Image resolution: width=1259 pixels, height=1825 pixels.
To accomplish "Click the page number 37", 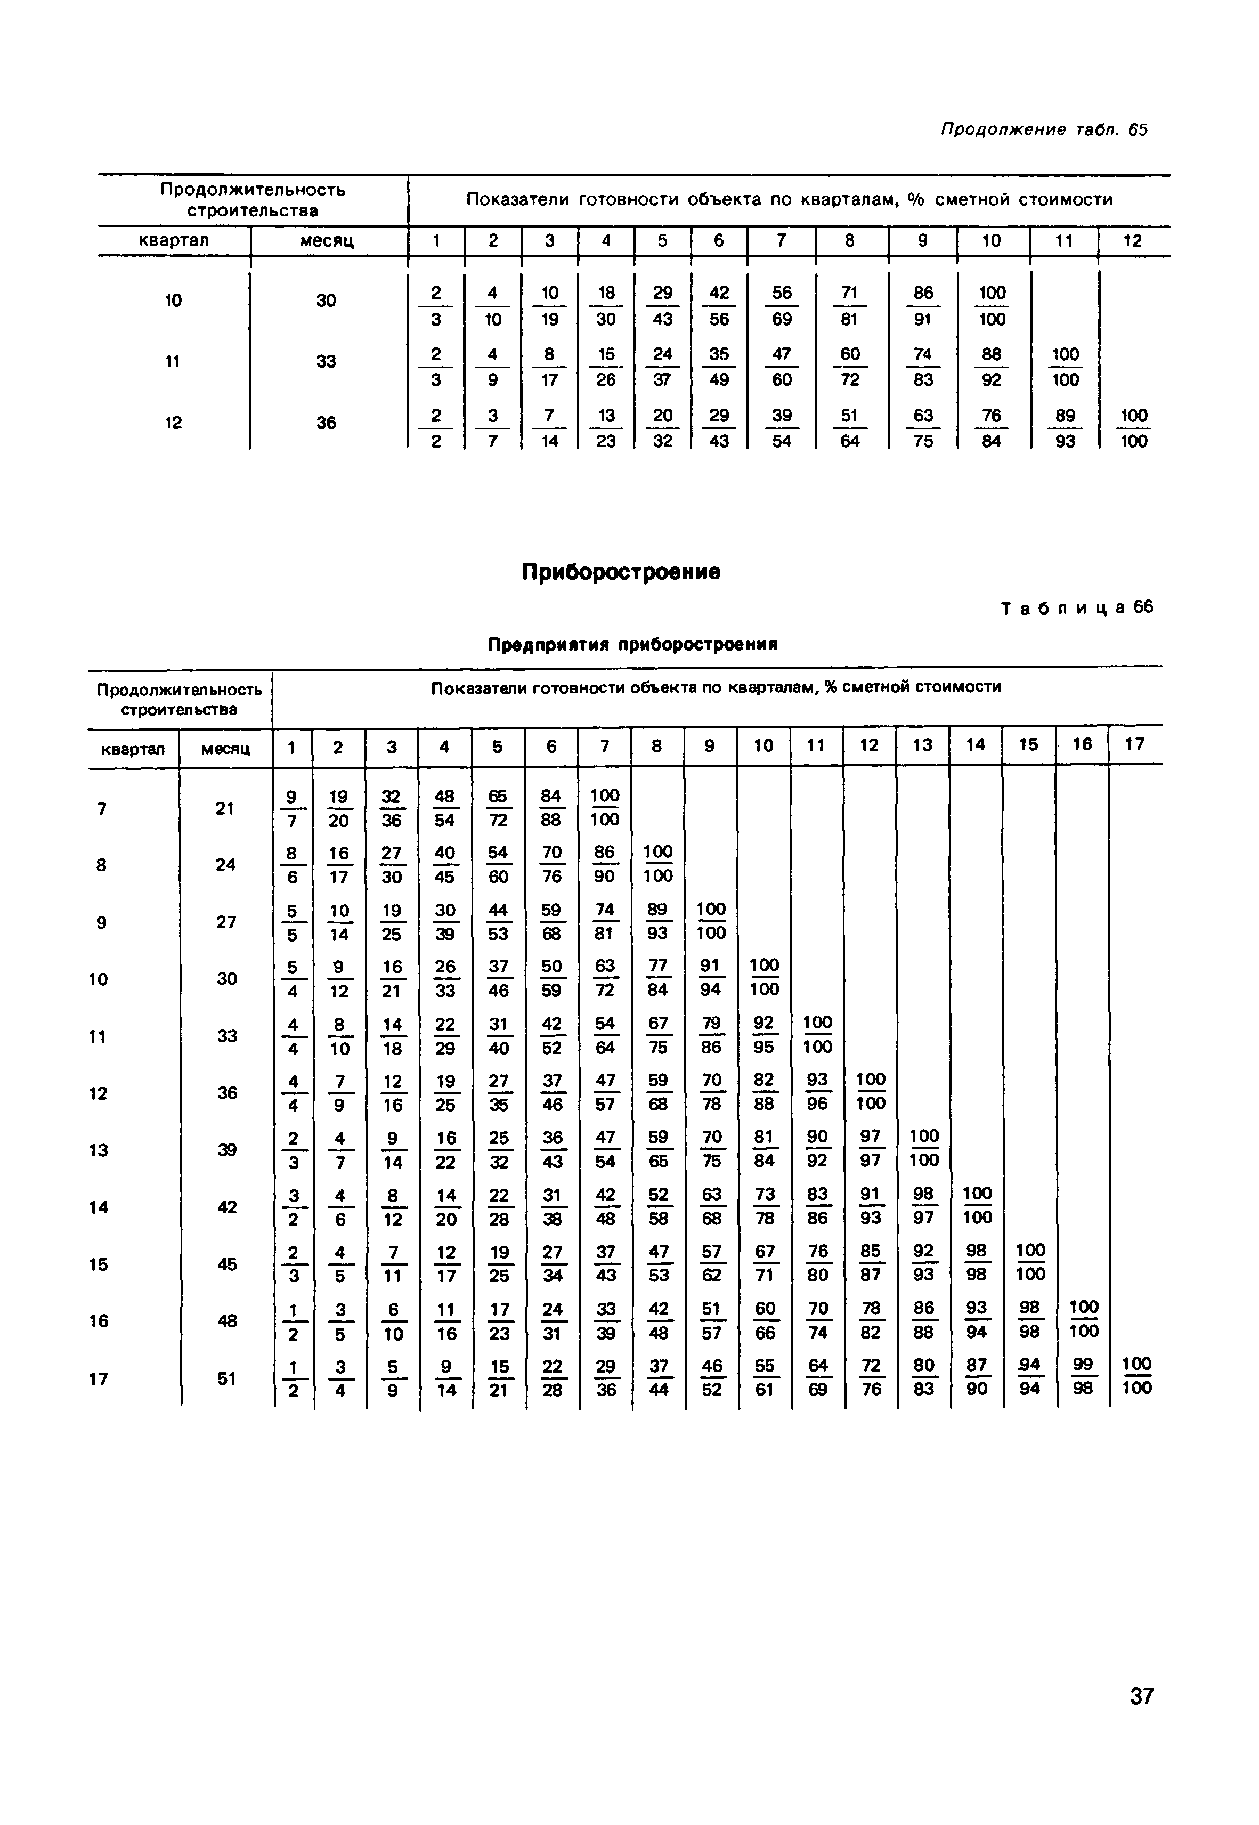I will pos(1141,1695).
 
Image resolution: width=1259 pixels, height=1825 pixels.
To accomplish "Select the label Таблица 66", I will pos(1077,607).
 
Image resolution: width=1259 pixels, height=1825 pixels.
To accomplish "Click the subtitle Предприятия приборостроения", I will pos(632,644).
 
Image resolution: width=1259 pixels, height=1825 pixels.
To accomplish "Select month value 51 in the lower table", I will pos(226,1378).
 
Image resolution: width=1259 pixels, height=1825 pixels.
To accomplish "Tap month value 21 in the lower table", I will pos(225,808).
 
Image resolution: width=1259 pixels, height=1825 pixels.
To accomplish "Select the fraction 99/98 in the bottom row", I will pos(1083,1378).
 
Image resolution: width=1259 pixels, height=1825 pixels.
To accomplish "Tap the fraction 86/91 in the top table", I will pos(923,306).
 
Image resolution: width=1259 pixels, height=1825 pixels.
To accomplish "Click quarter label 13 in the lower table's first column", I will pos(99,1150).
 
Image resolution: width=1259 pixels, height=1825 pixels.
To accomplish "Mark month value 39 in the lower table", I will pos(226,1150).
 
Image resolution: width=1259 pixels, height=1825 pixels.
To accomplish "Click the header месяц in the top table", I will pos(327,240).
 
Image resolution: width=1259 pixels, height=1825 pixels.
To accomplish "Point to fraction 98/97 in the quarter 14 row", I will pos(923,1207).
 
